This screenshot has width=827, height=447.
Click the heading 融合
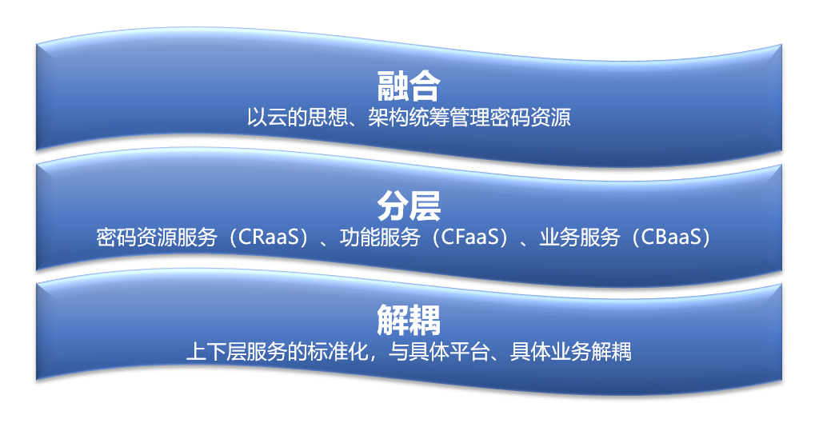coord(408,85)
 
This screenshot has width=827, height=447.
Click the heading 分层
coord(408,206)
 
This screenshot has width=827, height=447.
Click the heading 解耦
coord(408,321)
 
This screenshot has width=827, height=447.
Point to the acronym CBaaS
coord(669,238)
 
